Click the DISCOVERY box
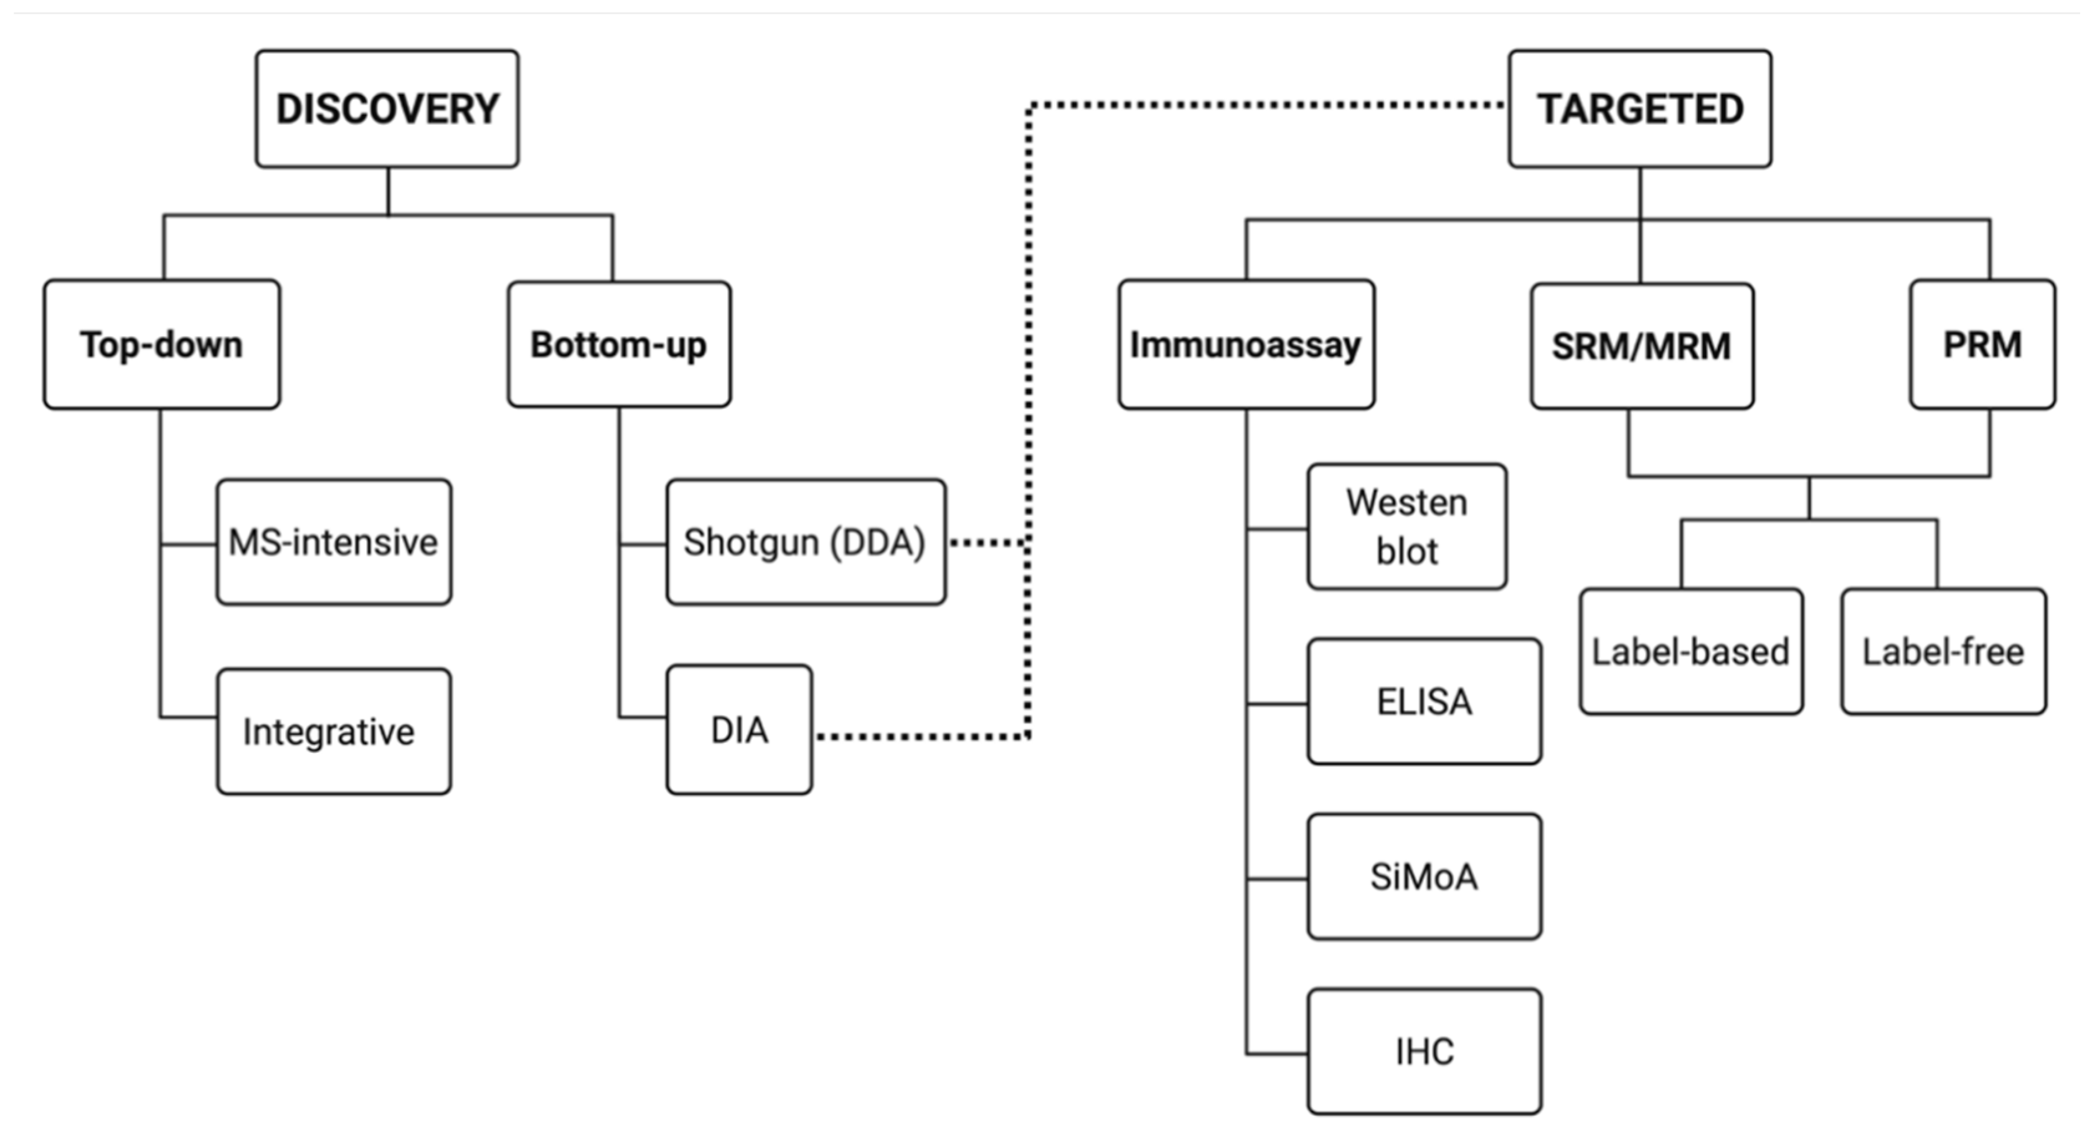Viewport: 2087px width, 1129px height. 387,108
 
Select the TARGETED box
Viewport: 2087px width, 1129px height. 1640,108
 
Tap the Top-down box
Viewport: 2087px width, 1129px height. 162,345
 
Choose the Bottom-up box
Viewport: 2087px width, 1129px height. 619,345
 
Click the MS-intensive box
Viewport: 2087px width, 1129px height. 334,541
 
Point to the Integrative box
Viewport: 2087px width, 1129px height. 334,731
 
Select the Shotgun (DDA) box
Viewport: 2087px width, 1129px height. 805,541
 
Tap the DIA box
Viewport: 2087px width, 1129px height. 739,730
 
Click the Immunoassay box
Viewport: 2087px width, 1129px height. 1246,345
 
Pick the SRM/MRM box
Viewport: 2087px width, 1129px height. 1641,346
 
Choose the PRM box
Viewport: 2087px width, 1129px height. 1982,345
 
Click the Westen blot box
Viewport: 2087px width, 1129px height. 1407,527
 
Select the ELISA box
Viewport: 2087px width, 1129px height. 1425,701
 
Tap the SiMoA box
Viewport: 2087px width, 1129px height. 1425,877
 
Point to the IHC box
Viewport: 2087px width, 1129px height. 1425,1051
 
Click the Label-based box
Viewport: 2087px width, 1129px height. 1691,652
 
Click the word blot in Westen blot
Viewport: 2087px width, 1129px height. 1407,552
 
